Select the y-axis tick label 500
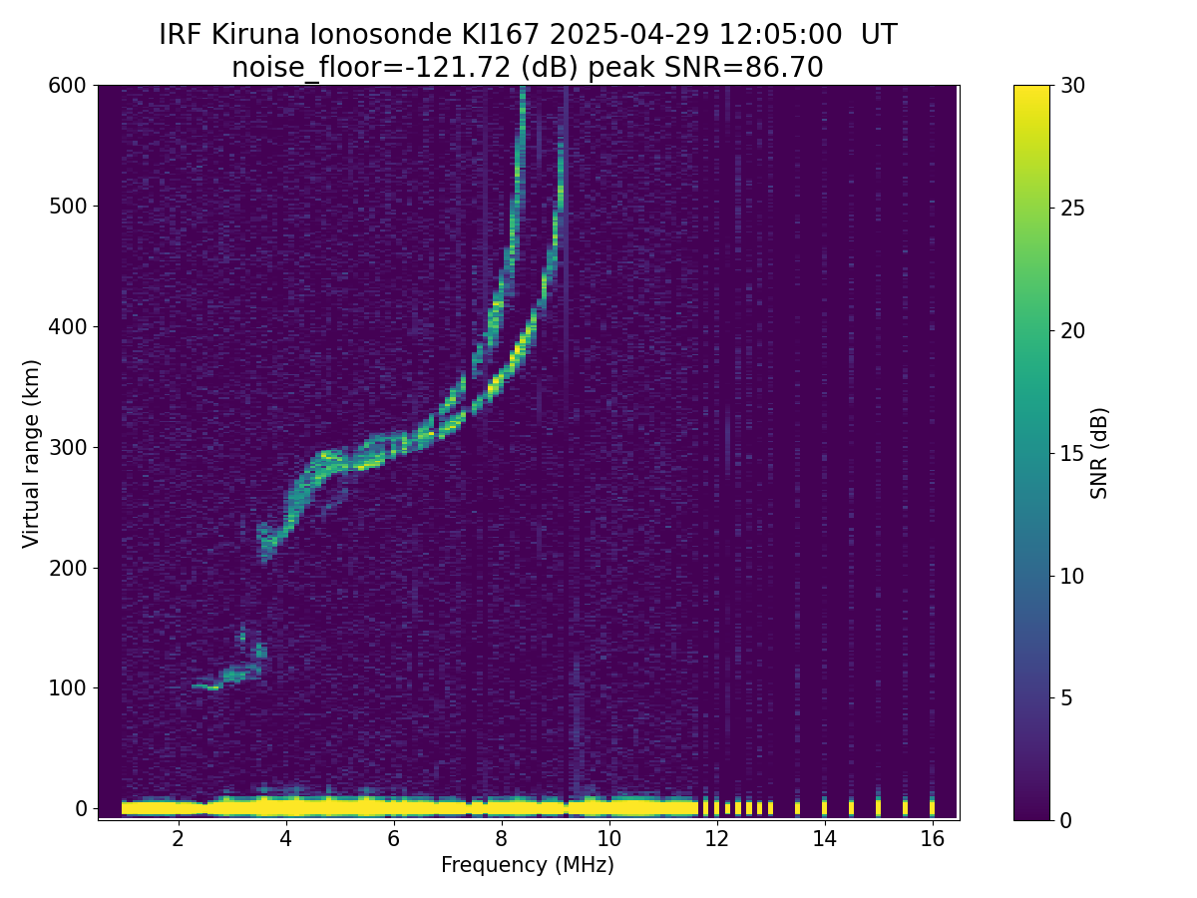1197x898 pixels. click(68, 207)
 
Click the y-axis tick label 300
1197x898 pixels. click(68, 447)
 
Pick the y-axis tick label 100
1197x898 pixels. click(68, 687)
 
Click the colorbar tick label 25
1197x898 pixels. click(1073, 208)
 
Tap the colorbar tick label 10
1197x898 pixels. click(1073, 576)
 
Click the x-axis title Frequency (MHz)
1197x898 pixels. click(528, 865)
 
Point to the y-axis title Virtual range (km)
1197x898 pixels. click(32, 453)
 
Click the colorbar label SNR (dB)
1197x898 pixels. click(1099, 453)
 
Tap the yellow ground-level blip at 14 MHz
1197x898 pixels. click(824, 806)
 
